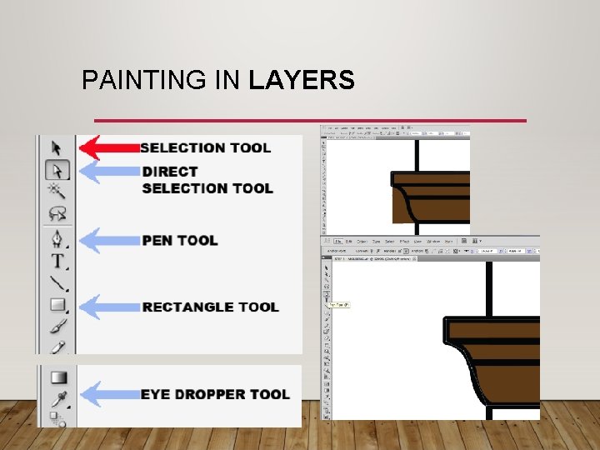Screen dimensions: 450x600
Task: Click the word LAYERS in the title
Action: click(x=302, y=81)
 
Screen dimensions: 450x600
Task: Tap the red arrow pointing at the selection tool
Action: click(x=109, y=147)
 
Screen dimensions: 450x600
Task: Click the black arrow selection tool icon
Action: click(x=57, y=148)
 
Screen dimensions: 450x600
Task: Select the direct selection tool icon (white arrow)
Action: click(x=57, y=171)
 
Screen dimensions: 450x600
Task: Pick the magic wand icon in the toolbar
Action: click(x=57, y=192)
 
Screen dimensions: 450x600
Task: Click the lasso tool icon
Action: click(x=57, y=215)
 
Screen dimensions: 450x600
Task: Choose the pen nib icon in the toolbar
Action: click(x=57, y=240)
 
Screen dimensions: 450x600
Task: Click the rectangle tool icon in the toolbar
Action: click(x=57, y=306)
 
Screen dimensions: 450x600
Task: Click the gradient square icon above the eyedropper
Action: click(x=57, y=377)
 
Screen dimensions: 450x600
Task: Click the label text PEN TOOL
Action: click(x=180, y=241)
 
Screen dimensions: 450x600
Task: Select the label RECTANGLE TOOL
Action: click(x=210, y=307)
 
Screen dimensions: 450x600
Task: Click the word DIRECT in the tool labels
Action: click(x=170, y=172)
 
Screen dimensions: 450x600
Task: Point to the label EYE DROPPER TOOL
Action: click(x=215, y=394)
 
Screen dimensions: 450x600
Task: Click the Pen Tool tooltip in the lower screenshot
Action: click(x=339, y=305)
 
